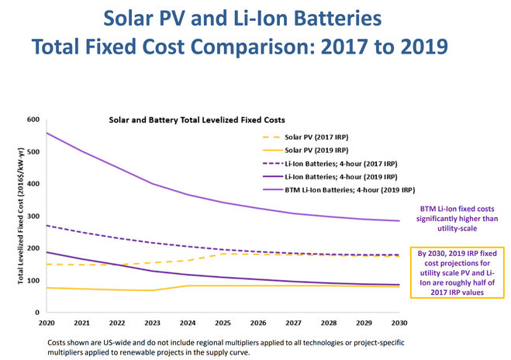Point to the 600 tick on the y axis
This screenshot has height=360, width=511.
[x=33, y=119]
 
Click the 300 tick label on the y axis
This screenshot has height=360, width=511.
[x=33, y=216]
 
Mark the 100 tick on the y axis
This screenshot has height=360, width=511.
[x=33, y=280]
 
